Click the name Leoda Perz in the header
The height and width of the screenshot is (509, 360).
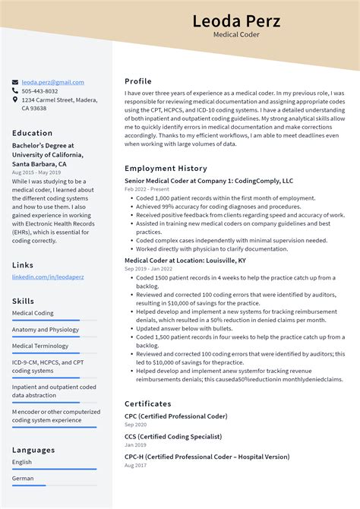[236, 21]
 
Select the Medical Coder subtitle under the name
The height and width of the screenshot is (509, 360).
[236, 35]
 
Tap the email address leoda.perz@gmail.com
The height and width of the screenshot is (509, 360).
[52, 82]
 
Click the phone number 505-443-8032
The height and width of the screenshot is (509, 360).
[39, 91]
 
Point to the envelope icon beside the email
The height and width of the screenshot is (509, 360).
[15, 82]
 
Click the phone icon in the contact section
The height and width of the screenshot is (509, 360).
[15, 91]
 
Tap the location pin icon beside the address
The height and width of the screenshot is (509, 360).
[15, 100]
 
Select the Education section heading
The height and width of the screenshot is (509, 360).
[33, 133]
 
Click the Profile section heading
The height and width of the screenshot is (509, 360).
[138, 81]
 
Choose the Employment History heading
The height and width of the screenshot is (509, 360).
[166, 168]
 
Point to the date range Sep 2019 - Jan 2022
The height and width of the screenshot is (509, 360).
[148, 269]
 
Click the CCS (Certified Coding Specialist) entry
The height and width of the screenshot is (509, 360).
[173, 437]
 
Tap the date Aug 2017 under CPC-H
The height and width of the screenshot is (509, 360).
[136, 465]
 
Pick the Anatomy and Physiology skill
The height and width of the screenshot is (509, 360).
[46, 330]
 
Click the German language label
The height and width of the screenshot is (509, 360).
[23, 479]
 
